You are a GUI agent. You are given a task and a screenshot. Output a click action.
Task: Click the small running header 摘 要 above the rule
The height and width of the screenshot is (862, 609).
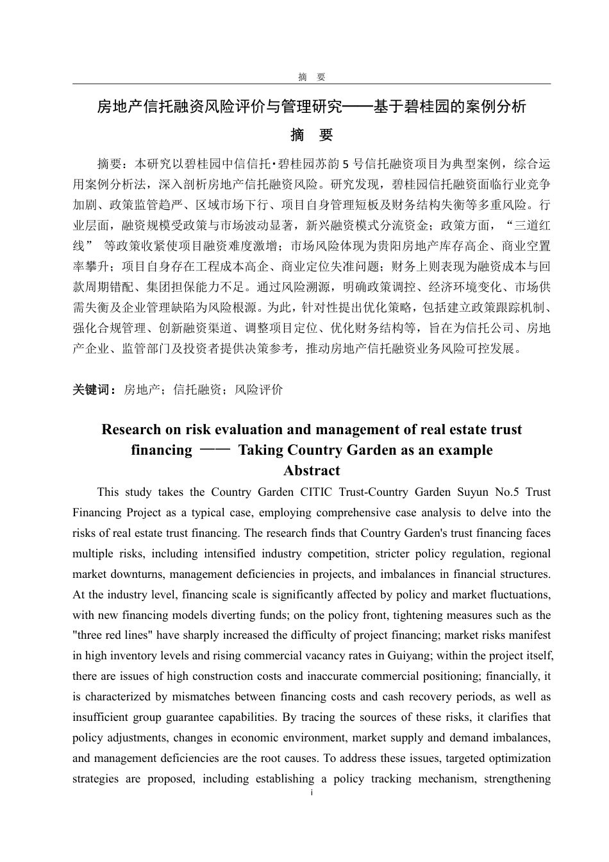point(312,77)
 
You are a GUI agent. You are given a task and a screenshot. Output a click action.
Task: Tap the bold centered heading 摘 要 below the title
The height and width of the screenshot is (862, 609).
point(312,135)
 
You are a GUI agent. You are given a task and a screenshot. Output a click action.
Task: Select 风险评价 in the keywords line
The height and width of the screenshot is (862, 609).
point(258,389)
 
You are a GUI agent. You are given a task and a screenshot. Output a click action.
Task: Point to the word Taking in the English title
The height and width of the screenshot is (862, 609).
point(261,450)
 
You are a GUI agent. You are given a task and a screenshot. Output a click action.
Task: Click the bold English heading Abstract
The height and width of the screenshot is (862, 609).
point(312,471)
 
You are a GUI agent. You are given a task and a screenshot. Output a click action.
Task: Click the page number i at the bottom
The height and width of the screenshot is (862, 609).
point(312,793)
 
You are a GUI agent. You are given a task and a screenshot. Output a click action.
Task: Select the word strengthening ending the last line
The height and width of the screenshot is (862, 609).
point(517,779)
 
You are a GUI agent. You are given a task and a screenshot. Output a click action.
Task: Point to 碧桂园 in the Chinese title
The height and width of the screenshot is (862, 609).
point(425,106)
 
